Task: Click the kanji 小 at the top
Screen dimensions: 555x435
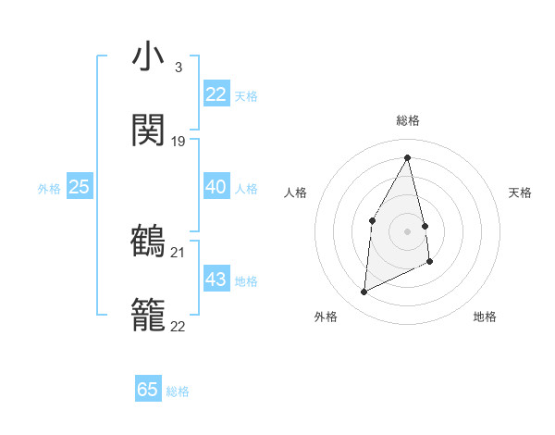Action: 148,57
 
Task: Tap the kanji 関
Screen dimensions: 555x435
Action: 148,130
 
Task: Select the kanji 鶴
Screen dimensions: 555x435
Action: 148,242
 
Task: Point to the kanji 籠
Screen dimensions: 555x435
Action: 148,316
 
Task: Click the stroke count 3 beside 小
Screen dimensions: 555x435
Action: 178,67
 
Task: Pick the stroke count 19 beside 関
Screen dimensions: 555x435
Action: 179,142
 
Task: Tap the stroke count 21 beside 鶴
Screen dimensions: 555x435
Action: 179,252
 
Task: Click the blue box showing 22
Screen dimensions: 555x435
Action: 216,94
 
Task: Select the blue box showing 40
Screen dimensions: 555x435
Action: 216,187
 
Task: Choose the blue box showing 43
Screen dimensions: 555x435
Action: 216,280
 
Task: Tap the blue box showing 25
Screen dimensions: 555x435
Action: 79,187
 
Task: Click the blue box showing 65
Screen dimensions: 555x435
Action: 148,390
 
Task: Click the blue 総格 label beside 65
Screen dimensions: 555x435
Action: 178,391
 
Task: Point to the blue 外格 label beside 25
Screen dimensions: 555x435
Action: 49,189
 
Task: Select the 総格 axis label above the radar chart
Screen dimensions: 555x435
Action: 408,120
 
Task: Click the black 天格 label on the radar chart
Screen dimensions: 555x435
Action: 520,193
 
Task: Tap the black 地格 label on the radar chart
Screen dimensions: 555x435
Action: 485,317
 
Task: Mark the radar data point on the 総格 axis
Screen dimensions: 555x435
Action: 408,157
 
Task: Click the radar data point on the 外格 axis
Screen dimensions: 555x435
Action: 364,292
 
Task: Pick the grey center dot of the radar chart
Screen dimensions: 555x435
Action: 408,230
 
